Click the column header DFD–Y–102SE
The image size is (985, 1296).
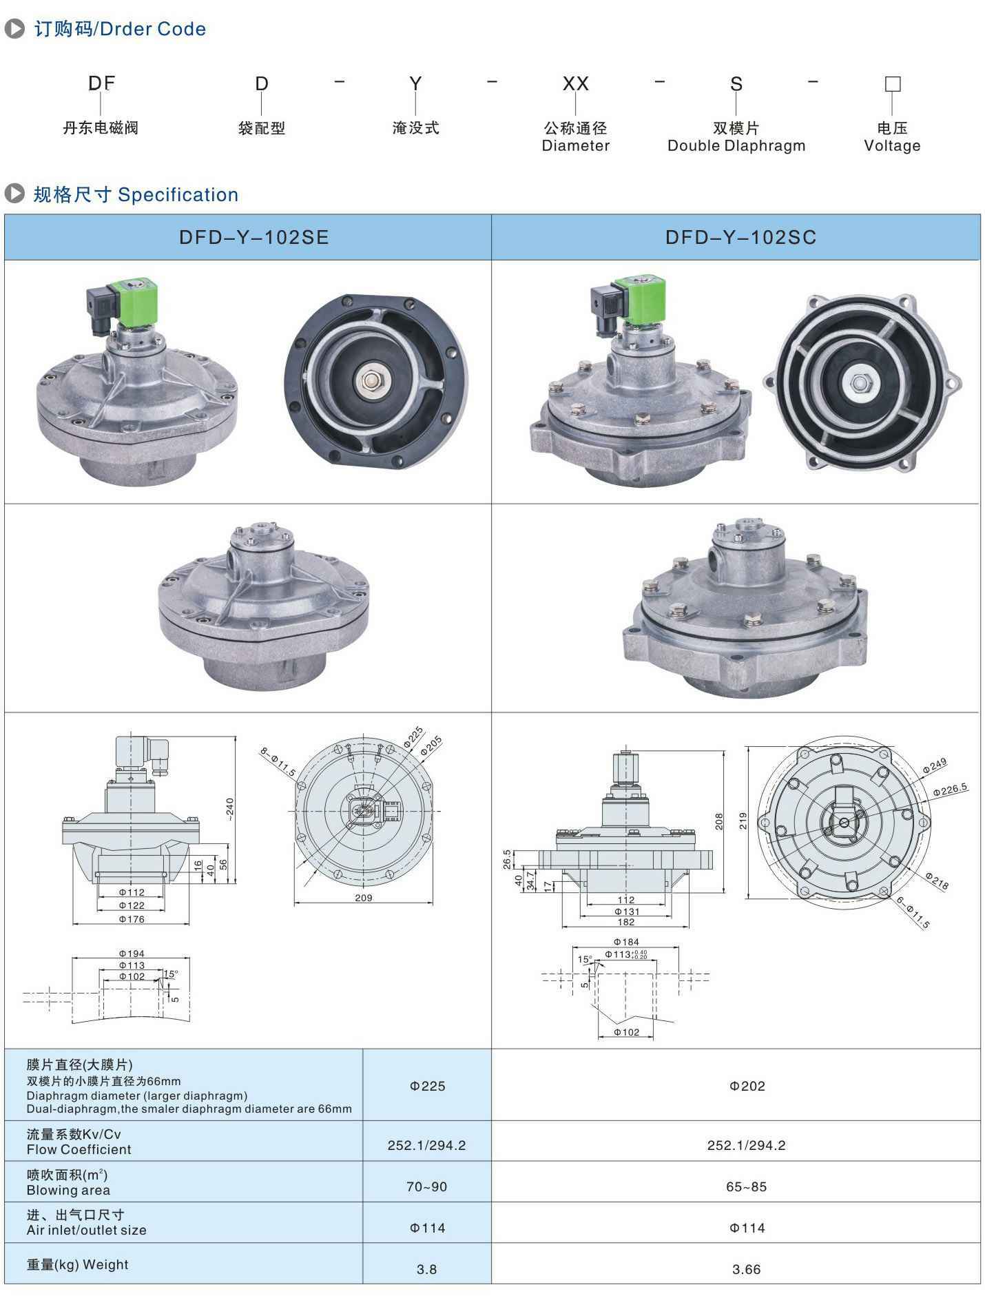click(254, 238)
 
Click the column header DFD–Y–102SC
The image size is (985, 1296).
click(740, 238)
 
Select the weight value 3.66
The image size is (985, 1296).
click(747, 1269)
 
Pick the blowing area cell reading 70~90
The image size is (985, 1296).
click(426, 1186)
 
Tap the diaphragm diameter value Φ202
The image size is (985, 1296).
click(747, 1086)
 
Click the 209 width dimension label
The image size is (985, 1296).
click(364, 898)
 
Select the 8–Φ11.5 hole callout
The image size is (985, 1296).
click(278, 762)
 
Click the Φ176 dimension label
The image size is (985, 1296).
click(132, 919)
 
